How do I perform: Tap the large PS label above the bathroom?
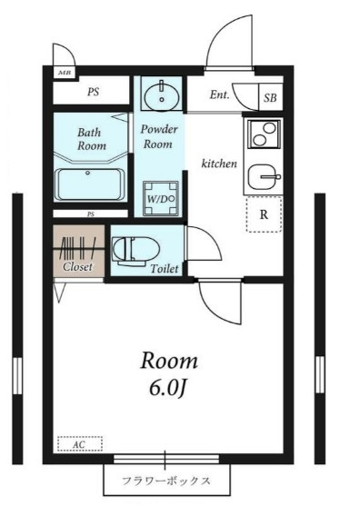click(94, 92)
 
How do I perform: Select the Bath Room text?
click(92, 139)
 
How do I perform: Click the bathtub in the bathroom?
click(89, 184)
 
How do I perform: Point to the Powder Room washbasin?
click(162, 95)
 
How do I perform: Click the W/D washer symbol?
click(160, 198)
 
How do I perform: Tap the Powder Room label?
click(159, 136)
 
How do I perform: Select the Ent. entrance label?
click(219, 95)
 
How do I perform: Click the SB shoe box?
click(270, 97)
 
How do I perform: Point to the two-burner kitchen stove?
click(265, 134)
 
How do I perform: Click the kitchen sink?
click(264, 177)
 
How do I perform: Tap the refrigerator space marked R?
click(264, 214)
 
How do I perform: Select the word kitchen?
click(219, 164)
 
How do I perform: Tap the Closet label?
click(77, 266)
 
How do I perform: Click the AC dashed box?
click(80, 444)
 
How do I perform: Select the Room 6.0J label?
click(169, 374)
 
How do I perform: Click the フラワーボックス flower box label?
click(166, 481)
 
